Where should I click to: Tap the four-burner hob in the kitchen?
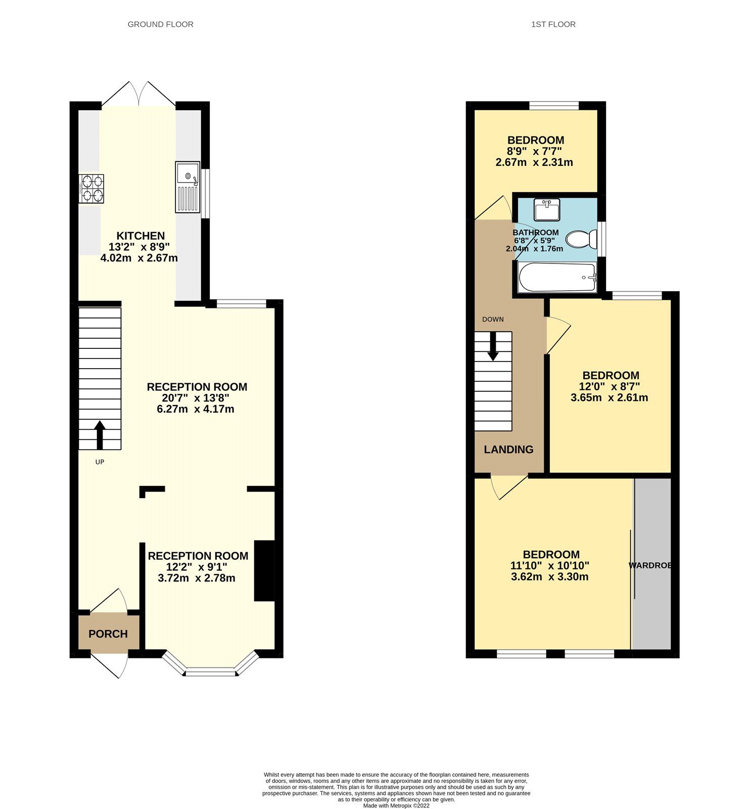tap(91, 189)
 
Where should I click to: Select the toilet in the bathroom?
tap(581, 239)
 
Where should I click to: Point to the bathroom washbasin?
tap(547, 209)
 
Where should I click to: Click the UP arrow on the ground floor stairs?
tap(100, 434)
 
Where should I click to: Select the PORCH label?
tap(108, 634)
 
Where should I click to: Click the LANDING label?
tap(508, 449)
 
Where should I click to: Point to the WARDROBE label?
tap(650, 565)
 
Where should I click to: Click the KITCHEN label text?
tap(141, 236)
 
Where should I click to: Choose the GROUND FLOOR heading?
tap(160, 24)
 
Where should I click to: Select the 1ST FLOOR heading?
tap(553, 24)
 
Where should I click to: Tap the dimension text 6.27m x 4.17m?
tap(196, 409)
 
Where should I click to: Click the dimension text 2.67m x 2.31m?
tap(534, 162)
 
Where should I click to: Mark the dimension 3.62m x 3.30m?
tap(549, 576)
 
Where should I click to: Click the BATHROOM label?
tap(536, 233)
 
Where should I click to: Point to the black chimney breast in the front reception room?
tap(264, 571)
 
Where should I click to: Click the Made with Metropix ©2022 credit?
tap(396, 805)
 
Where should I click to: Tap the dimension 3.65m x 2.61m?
tap(609, 397)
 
